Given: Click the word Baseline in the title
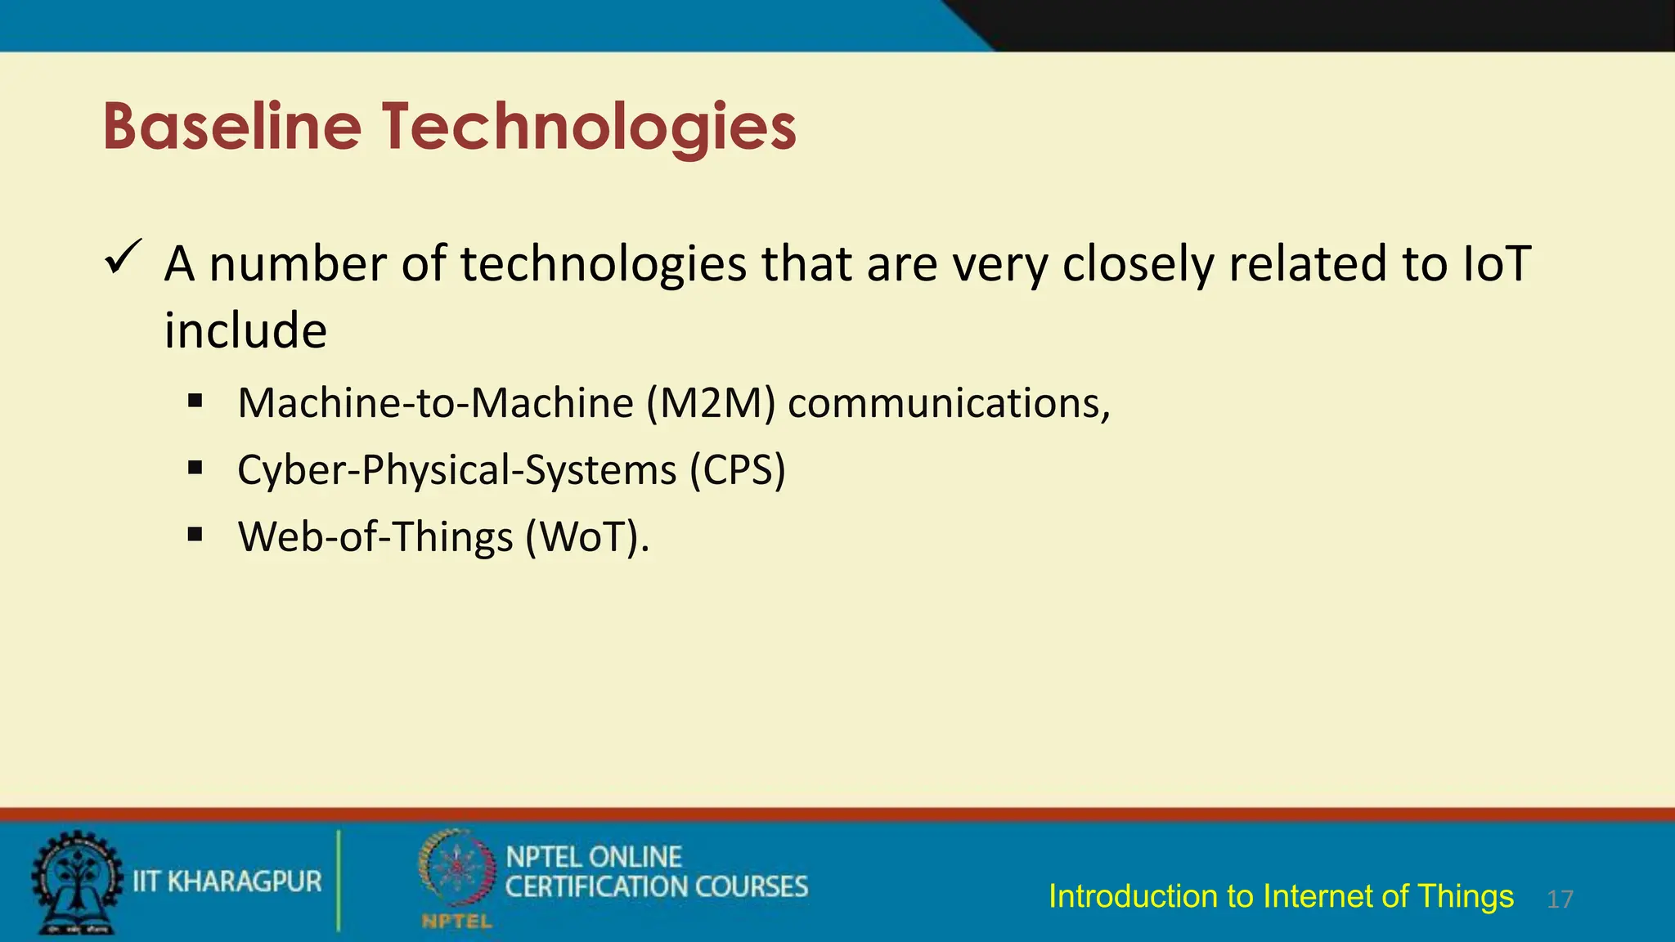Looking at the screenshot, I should coord(232,127).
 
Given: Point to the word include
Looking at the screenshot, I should coord(245,331).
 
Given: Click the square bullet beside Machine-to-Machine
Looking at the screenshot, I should coord(195,401).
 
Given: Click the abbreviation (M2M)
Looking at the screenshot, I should coord(711,403).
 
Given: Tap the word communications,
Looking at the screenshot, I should coord(949,403).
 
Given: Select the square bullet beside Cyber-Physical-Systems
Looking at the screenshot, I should coord(195,469).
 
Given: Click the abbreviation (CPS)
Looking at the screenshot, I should coord(737,470).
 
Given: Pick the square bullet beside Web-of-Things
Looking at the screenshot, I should coord(195,536).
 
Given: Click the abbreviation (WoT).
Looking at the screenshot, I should coord(587,537).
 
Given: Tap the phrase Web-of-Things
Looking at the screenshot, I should coord(375,537).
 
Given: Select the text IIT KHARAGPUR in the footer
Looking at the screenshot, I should coord(227,881).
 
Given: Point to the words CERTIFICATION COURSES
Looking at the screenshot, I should coord(656,886).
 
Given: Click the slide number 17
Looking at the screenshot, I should coord(1560,899).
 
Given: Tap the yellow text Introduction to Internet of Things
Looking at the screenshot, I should coord(1281,896).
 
